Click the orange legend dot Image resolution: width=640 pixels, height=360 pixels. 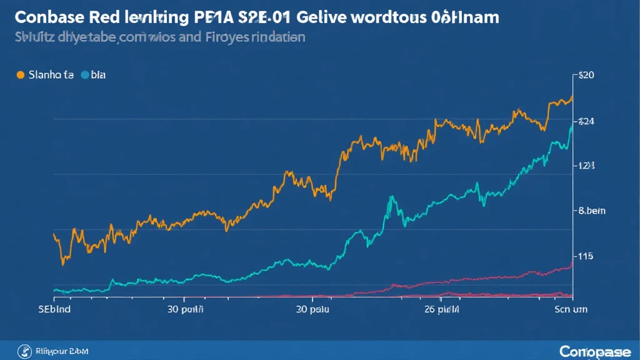click(20, 75)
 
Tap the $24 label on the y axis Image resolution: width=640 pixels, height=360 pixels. click(587, 121)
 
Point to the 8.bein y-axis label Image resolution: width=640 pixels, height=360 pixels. click(591, 211)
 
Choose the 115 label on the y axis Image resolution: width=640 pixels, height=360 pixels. click(586, 256)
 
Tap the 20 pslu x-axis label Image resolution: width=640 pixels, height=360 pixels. click(312, 308)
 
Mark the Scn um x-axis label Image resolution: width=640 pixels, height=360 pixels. click(571, 308)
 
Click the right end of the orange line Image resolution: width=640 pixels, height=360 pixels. click(572, 97)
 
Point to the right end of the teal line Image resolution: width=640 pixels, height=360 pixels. click(572, 127)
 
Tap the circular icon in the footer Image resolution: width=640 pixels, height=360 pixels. click(26, 350)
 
